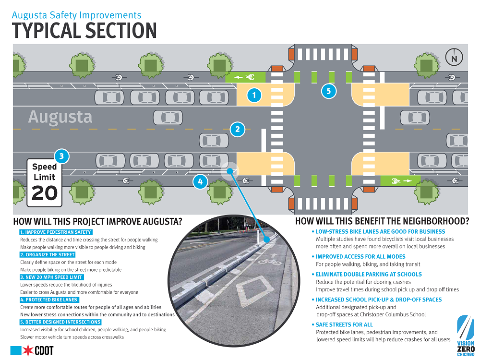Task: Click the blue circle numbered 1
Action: pos(254,96)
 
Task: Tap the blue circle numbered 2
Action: pos(238,130)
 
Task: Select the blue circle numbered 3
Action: pos(61,156)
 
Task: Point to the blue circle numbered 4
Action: pos(200,182)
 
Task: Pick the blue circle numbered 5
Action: pos(328,91)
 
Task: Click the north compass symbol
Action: pos(454,58)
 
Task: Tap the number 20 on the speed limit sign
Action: pos(44,193)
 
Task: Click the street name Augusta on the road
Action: pos(60,117)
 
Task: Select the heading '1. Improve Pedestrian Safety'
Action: pos(56,232)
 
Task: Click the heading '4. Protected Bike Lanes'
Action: pos(49,300)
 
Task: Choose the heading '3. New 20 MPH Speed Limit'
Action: pos(51,277)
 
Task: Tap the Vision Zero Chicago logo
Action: pos(466,336)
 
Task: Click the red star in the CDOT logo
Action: pos(28,350)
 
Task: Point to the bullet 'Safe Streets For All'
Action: pos(342,325)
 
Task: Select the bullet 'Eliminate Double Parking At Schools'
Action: pos(367,275)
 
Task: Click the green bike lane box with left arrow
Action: pos(245,77)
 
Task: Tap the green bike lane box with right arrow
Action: pos(400,181)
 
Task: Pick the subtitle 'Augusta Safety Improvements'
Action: pos(76,15)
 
